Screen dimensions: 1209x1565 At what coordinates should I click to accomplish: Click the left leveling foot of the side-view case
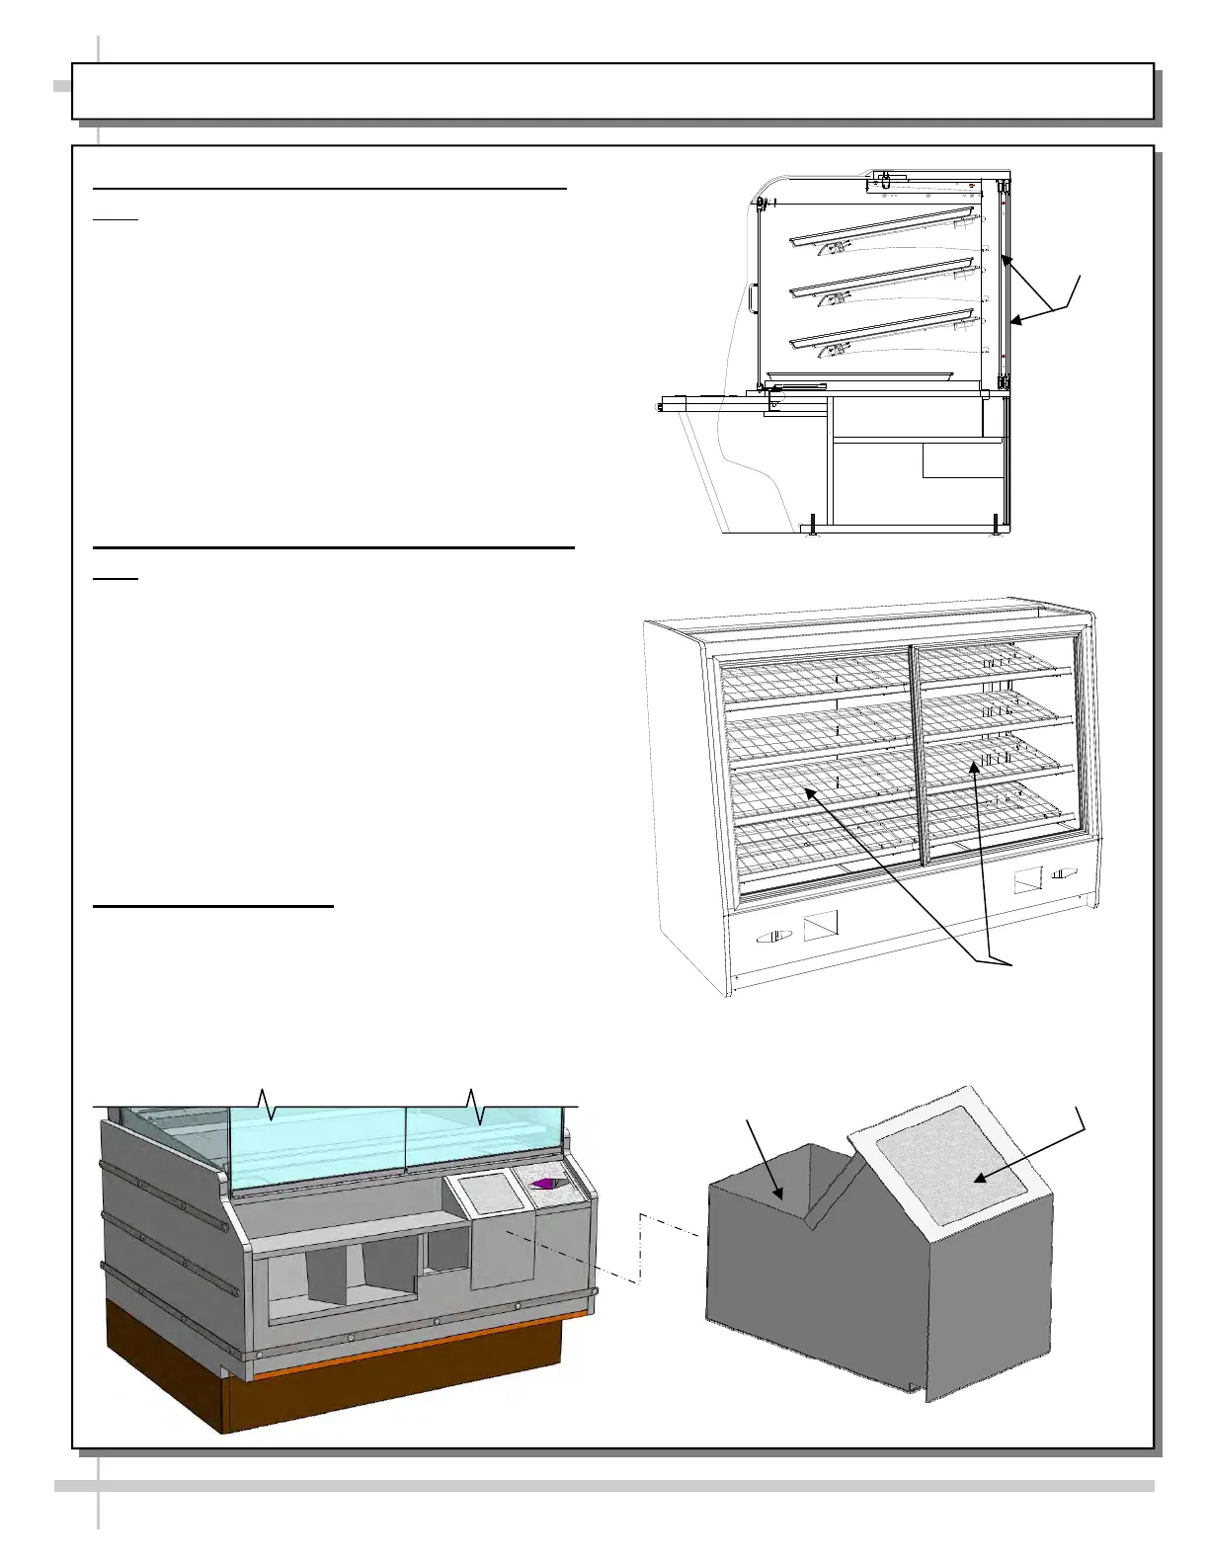813,526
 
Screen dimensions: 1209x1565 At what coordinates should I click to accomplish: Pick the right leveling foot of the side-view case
995,526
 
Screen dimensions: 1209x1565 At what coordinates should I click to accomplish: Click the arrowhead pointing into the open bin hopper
781,1196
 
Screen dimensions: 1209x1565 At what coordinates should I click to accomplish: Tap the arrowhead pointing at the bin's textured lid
978,1179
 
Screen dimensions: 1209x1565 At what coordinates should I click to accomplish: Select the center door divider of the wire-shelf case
916,756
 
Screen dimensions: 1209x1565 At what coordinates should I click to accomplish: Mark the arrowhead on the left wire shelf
808,791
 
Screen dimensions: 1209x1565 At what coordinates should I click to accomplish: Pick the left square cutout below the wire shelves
820,927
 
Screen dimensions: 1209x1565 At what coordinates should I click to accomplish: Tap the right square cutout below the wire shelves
1028,880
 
